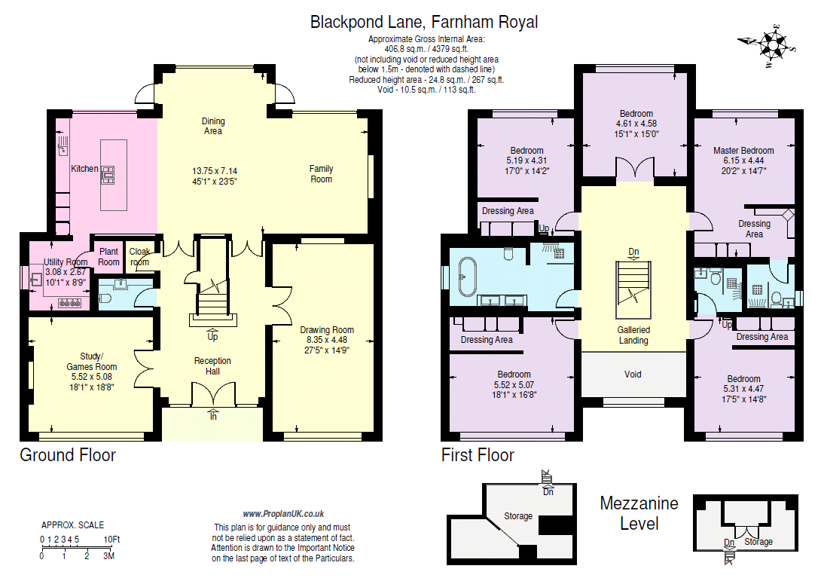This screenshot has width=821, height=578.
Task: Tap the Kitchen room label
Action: point(84,169)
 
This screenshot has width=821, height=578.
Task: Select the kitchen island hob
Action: point(108,175)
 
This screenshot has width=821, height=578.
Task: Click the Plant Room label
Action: point(109,257)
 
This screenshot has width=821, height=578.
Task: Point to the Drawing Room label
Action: point(327,330)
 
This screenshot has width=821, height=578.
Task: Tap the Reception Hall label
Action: point(212,365)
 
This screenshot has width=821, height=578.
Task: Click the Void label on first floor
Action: point(633,374)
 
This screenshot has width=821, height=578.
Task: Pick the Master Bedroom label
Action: point(743,151)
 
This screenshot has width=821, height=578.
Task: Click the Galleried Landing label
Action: point(633,335)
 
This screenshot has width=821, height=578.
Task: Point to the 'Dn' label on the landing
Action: point(633,252)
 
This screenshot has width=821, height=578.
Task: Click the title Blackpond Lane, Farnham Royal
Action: point(424,22)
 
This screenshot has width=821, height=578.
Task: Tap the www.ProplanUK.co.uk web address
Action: point(283,514)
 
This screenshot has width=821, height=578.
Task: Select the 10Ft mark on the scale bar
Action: point(111,540)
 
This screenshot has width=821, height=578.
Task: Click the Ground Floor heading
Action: point(68,455)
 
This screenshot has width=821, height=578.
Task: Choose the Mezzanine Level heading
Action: point(639,513)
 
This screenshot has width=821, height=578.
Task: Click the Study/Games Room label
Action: point(92,362)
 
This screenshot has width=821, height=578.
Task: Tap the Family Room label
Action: point(321,174)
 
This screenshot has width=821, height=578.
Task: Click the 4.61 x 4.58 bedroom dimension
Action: point(636,124)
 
